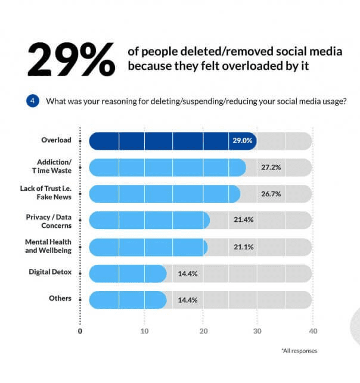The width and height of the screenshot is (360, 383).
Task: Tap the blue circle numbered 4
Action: [x=33, y=101]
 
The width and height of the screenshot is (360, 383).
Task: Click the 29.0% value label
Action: [x=243, y=141]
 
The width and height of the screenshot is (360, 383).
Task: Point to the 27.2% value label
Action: [x=271, y=168]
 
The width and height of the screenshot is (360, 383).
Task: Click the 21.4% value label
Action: [x=243, y=220]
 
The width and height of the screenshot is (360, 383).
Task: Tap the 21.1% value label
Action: [x=243, y=246]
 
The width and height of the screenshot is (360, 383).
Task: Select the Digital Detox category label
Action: [x=50, y=272]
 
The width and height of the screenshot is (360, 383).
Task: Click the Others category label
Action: [x=60, y=298]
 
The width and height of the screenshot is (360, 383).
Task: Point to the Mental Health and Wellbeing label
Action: [x=48, y=247]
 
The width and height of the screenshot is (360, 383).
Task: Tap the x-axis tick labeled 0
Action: [x=80, y=331]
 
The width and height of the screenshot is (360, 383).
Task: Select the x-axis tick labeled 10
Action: [x=144, y=331]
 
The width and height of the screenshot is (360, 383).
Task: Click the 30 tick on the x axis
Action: [x=256, y=331]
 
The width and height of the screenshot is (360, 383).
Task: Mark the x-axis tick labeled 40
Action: [x=313, y=331]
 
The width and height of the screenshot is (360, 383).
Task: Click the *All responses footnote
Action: [x=299, y=351]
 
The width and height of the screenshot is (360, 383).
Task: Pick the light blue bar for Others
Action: [x=128, y=300]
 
